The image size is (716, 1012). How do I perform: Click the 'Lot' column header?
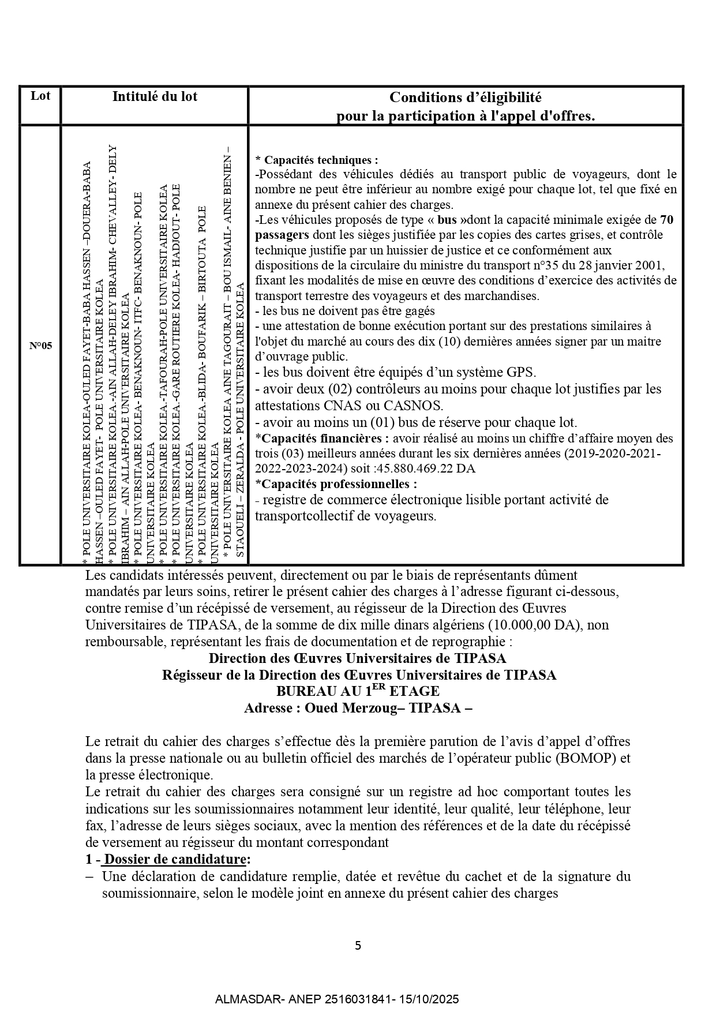(40, 96)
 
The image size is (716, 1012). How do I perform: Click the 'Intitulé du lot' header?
(155, 96)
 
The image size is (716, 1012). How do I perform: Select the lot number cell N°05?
(40, 346)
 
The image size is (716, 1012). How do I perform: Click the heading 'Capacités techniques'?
(320, 160)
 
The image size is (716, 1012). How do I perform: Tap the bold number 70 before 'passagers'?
(666, 220)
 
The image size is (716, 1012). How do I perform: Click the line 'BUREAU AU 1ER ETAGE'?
(358, 691)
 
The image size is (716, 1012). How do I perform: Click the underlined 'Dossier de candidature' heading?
(177, 859)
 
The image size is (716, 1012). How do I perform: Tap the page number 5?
(358, 946)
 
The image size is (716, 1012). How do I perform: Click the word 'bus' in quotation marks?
(447, 220)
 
